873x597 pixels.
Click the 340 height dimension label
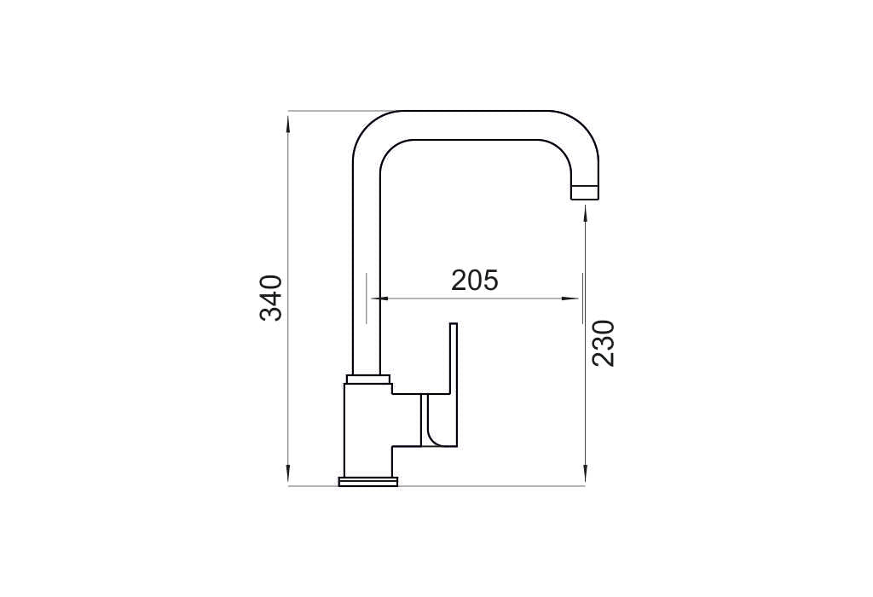[272, 298]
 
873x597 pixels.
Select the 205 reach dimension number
[474, 280]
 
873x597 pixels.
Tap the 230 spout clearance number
[603, 343]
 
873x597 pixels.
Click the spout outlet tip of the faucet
[585, 191]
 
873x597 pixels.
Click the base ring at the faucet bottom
[368, 482]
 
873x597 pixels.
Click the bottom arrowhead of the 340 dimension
[288, 475]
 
